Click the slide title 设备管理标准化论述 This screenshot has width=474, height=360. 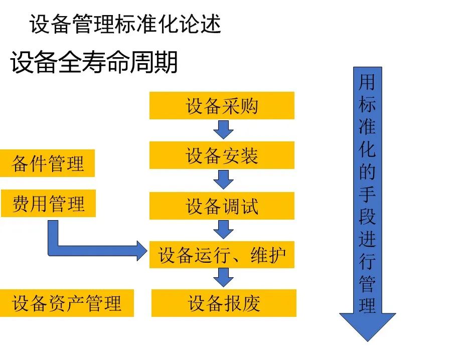tap(125, 25)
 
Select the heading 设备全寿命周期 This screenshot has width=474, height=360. tap(94, 63)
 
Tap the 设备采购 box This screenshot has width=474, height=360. tap(222, 106)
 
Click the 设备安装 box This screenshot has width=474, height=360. tap(222, 155)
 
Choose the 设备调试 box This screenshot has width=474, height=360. tap(222, 206)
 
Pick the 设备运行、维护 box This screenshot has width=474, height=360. tap(222, 255)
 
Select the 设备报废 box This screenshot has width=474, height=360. tap(224, 303)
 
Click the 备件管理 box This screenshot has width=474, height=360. tap(48, 163)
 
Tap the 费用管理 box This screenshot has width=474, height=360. tap(48, 204)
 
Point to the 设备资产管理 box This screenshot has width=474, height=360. tap(67, 303)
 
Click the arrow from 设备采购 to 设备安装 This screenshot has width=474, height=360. tap(223, 129)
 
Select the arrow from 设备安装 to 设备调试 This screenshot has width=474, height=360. tap(223, 179)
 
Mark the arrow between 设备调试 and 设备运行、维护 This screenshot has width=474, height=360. tap(223, 229)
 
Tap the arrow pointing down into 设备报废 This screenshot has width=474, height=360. tap(223, 278)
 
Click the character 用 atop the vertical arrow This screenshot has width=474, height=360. tap(367, 82)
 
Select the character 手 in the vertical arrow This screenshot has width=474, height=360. tap(367, 194)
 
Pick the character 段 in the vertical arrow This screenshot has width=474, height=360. tap(367, 216)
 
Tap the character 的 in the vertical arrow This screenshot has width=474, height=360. tap(367, 171)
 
